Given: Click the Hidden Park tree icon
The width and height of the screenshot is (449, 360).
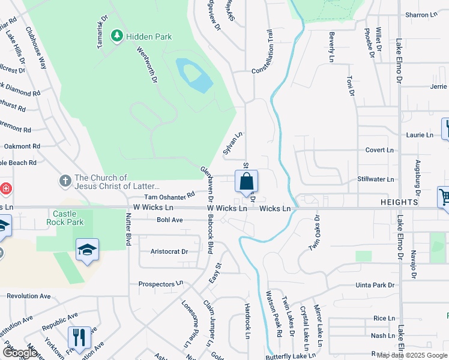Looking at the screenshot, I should point(117,37).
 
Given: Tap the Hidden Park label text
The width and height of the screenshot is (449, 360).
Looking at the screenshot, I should point(149,37).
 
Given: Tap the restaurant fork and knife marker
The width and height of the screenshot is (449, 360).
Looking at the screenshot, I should point(79,338).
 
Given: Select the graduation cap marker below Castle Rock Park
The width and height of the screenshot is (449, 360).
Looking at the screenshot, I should point(87,250).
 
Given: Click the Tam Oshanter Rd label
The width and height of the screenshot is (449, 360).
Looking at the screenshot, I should point(170,196).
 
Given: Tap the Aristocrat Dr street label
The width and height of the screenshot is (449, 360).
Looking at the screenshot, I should point(169,251).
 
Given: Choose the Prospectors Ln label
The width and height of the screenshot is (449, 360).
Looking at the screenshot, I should point(160,284).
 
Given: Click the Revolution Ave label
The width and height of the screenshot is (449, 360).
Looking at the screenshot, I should point(29,296).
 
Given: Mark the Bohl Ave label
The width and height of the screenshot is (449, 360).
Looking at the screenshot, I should point(169,220).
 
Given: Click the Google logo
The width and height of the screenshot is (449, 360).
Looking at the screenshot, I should point(20,353).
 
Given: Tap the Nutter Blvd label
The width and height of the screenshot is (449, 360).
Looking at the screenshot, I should point(128,230).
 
